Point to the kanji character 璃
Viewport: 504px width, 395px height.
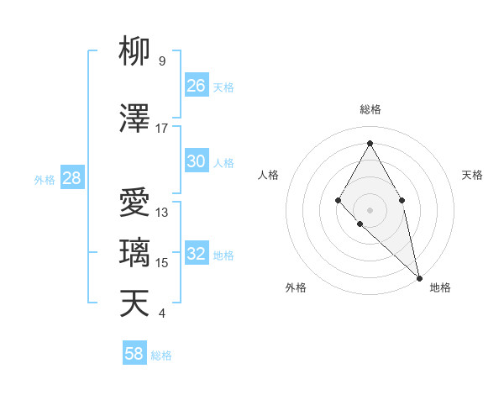coord(135,253)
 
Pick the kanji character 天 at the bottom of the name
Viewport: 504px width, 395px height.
coord(135,303)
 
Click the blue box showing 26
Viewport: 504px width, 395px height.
coord(197,86)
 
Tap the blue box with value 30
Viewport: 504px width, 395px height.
coord(197,161)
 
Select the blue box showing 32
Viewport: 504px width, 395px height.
coord(197,254)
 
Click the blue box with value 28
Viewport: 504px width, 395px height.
coord(71,178)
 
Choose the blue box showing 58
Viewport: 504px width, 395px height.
coord(134,354)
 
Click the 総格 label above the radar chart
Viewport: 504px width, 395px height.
coord(370,109)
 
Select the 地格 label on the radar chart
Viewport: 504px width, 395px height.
coord(440,287)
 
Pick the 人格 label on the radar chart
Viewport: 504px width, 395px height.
coord(269,175)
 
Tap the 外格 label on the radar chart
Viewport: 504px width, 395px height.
coord(296,287)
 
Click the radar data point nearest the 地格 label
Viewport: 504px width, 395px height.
coord(418,277)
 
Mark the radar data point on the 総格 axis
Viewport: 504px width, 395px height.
coord(370,142)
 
